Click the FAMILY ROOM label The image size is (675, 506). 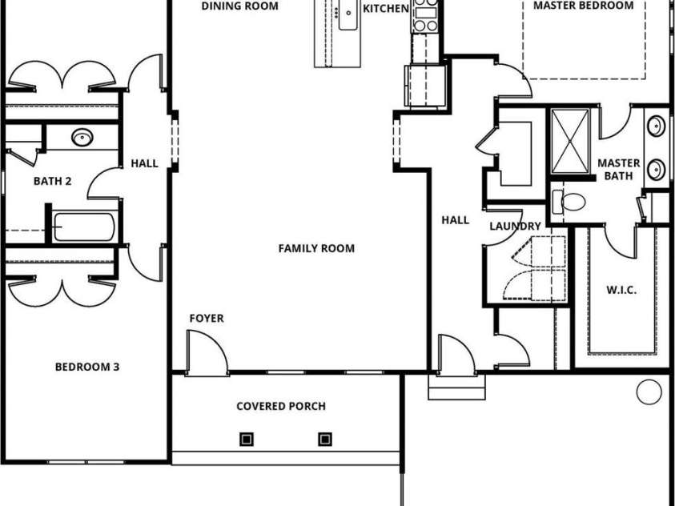coord(316,248)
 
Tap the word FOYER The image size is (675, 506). coord(207,319)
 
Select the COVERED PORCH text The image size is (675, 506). coord(281,406)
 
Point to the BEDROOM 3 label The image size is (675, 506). coord(87,367)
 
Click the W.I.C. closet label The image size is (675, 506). coord(621,290)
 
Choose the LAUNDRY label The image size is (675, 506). coord(516,227)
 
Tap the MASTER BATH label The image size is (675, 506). coord(619,169)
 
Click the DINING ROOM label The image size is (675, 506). coord(239,6)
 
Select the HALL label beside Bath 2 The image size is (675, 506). coord(144,164)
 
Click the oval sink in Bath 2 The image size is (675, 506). coord(81,137)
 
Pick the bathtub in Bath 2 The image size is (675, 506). coord(85,227)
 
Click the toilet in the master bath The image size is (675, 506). coord(570,202)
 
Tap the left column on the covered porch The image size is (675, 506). coord(247,439)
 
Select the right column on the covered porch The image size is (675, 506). coord(325,439)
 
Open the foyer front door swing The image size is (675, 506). coord(205,352)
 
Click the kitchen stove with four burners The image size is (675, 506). coord(425,16)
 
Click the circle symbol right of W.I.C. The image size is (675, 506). coord(646,392)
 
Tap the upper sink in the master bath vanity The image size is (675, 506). coord(656,127)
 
